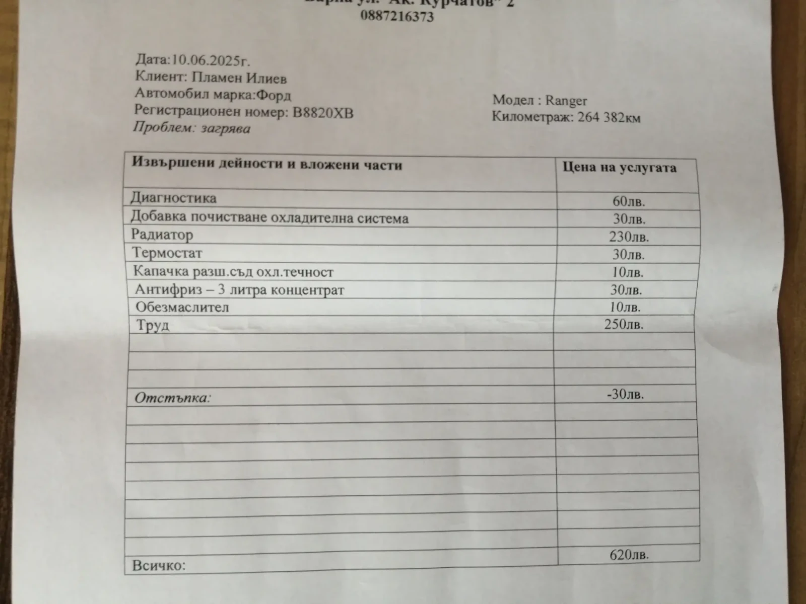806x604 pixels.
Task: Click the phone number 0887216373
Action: [397, 17]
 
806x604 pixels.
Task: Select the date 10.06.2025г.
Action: [211, 60]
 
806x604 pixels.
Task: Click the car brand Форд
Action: [274, 95]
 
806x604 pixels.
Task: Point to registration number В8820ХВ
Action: [323, 112]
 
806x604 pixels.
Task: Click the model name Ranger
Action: [566, 101]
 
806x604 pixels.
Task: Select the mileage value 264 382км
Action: [609, 118]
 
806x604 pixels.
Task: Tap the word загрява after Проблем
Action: [226, 128]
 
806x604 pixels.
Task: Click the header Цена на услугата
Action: [620, 168]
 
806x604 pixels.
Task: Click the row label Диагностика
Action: [174, 197]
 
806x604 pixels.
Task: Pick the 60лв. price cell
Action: [628, 201]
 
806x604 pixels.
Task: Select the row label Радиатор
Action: [162, 235]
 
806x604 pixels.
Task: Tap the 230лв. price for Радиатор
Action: [629, 237]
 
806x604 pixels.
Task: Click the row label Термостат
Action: [167, 253]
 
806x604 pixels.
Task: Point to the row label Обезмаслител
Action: [182, 307]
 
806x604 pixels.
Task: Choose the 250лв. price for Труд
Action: [624, 325]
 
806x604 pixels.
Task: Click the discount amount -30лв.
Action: [625, 394]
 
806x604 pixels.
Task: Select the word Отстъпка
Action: [172, 398]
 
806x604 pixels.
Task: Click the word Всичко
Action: [159, 565]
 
